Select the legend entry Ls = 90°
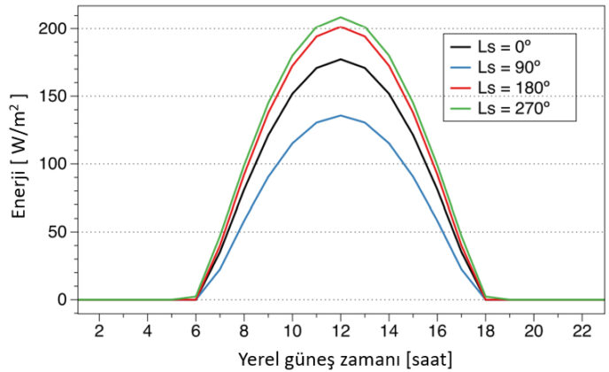[510, 67]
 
